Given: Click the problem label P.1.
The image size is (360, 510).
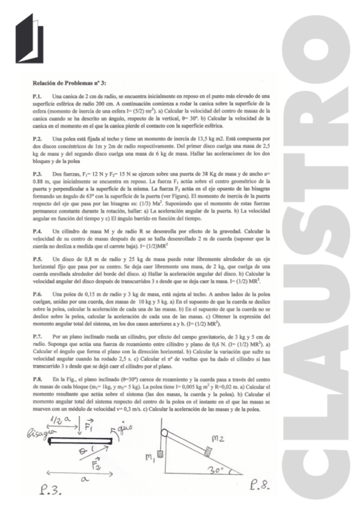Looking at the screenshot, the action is point(37,96).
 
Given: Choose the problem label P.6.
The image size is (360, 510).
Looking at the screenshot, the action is point(37,293).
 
